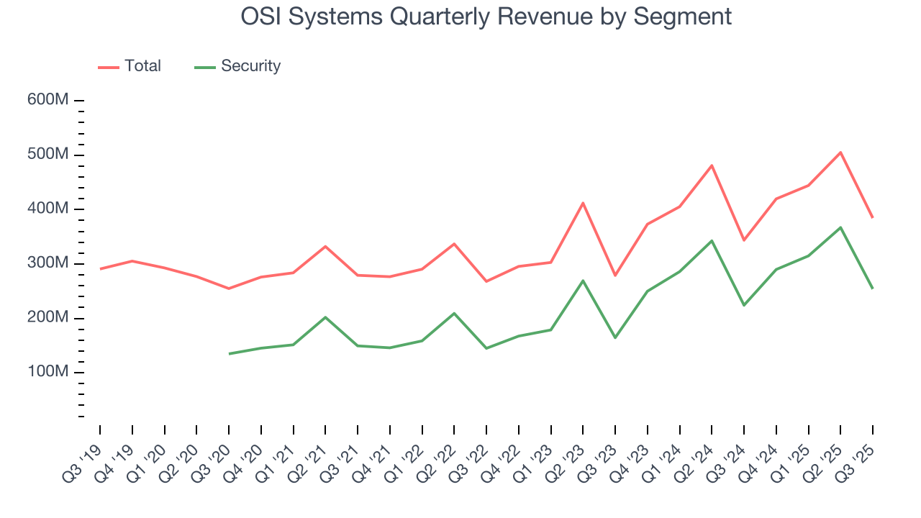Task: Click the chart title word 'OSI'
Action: pos(263,16)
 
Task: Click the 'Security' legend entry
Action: pos(237,66)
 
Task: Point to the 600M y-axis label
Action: pos(48,100)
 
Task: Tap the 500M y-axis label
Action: pos(48,155)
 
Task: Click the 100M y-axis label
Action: pos(48,372)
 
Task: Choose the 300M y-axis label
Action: pos(48,263)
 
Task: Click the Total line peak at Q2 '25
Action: pos(840,153)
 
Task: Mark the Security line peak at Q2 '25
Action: pos(840,227)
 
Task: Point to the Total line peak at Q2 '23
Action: pos(583,203)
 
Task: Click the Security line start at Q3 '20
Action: pos(229,353)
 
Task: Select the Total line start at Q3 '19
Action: pos(100,268)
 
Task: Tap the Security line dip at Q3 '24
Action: pos(744,305)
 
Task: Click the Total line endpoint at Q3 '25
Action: pos(873,217)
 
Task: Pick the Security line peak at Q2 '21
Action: pos(325,317)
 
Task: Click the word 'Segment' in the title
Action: pos(682,16)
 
